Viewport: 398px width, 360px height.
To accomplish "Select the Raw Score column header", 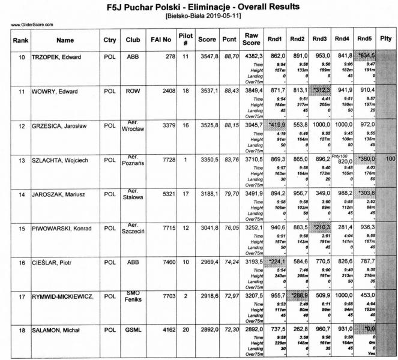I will pyautogui.click(x=252, y=41).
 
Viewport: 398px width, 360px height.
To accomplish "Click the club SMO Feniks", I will pyautogui.click(x=133, y=297).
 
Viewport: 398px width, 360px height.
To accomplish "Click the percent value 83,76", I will pyautogui.click(x=229, y=160).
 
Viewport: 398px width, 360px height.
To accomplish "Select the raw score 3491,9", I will pyautogui.click(x=252, y=194).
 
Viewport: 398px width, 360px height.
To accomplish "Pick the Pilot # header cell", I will pyautogui.click(x=185, y=41).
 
